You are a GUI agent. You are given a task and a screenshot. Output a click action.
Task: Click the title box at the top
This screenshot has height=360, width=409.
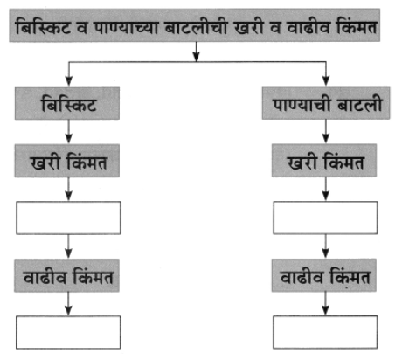coord(195,25)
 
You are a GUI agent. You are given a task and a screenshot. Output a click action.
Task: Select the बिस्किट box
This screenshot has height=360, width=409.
coord(67,103)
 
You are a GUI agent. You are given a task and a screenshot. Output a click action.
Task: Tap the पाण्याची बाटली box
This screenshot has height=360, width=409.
coord(326,103)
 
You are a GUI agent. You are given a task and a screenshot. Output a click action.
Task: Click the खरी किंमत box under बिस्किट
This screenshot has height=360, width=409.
coord(67,161)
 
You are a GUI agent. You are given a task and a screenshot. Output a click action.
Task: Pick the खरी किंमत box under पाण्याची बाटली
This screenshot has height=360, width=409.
coord(324,160)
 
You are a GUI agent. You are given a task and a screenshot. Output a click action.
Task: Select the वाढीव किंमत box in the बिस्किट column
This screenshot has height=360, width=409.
coord(66,275)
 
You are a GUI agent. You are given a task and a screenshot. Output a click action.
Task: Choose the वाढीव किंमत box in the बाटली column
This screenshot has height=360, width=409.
coord(324,275)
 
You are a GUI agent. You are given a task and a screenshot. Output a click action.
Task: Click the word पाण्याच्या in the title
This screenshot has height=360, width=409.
coord(126,27)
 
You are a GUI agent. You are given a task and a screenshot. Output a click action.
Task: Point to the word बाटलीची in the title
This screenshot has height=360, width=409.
coord(196,26)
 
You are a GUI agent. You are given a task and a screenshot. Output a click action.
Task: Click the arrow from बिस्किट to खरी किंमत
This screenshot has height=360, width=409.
coord(68,131)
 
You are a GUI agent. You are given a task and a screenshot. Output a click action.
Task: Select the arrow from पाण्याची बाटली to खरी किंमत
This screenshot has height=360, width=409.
coord(326,131)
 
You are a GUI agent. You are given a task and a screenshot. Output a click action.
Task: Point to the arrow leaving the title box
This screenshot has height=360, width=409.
coord(196,52)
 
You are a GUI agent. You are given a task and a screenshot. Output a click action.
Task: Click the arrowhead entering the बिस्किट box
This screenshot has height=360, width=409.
coord(68,81)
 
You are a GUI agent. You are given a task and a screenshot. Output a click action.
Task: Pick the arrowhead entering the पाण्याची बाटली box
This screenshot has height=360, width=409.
coord(326,81)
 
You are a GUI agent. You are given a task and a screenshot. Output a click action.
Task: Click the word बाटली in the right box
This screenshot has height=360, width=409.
coord(359,103)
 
